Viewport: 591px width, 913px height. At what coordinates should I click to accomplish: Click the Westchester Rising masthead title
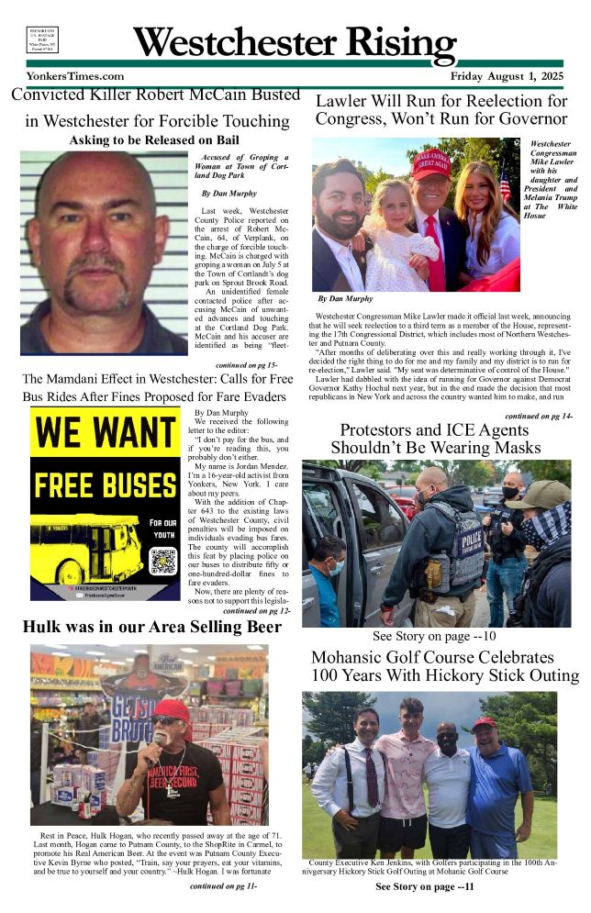coord(295,41)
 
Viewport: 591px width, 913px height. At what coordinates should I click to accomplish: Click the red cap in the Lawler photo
coord(430,163)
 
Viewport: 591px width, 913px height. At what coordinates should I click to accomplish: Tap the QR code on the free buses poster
coord(162,561)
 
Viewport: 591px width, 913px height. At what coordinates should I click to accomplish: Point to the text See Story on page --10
coord(434,635)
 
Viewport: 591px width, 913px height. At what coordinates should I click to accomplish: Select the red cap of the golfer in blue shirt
coord(484,723)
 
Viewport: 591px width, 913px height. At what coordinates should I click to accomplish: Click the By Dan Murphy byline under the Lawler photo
coord(345,299)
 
